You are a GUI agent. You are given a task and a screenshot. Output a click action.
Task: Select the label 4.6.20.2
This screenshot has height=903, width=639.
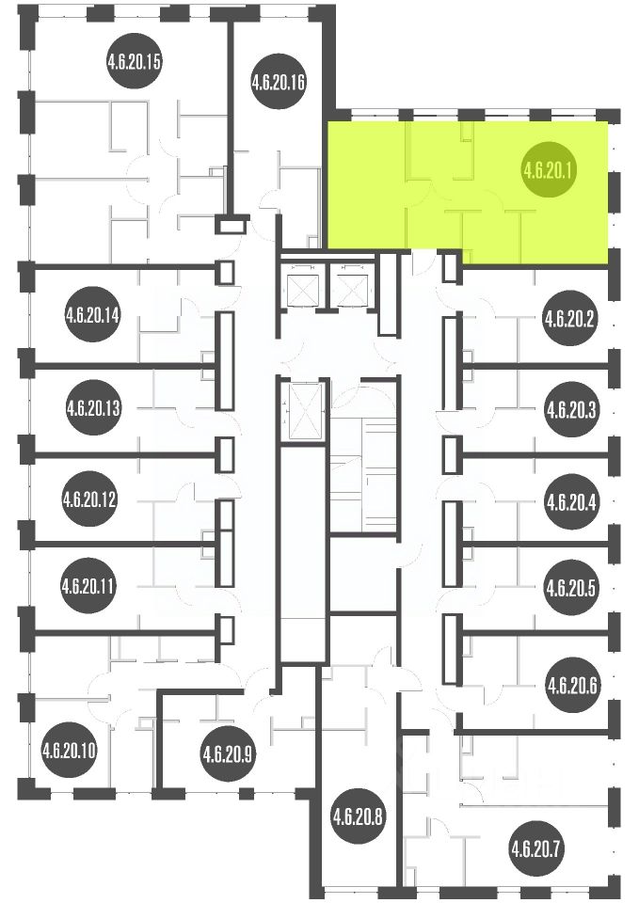pos(568,319)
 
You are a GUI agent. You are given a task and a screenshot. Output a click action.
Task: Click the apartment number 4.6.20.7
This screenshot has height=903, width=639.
pos(536,848)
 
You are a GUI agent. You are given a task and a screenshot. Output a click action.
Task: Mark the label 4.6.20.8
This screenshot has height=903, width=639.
pos(358,816)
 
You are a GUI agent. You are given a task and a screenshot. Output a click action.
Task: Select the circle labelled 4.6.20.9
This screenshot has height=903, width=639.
pos(227,753)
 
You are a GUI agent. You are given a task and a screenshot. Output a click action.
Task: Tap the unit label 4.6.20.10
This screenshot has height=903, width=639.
pos(69,751)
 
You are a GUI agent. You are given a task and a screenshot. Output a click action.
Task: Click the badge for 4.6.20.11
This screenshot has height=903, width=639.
pos(88,586)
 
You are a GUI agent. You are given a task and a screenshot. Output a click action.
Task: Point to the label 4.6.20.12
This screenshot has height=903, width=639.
pos(89,499)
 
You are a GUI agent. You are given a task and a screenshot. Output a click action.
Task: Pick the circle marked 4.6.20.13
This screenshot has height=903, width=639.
pos(93,408)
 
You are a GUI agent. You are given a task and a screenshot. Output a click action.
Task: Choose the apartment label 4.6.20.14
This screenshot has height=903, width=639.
pos(92,314)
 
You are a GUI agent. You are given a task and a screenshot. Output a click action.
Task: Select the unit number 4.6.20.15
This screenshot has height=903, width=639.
pos(133,61)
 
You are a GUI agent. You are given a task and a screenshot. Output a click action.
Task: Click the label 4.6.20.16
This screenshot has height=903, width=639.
pos(278,82)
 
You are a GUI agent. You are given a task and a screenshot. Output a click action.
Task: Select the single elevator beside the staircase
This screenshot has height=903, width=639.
pos(304,410)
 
